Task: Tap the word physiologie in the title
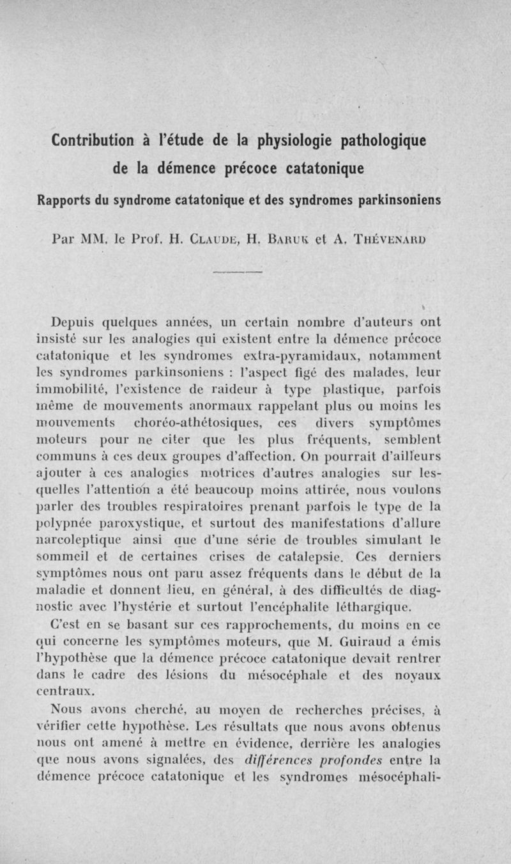coord(299,140)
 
